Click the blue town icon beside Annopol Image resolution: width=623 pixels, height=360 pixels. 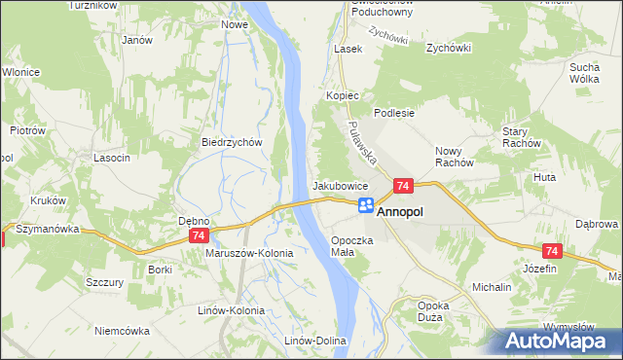[x=365, y=205]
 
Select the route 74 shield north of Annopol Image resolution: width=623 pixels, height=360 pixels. [x=403, y=185]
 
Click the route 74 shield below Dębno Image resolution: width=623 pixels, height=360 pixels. [x=199, y=235]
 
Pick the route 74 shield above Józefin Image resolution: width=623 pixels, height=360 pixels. [x=551, y=252]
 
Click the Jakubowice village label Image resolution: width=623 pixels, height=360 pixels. [x=339, y=185]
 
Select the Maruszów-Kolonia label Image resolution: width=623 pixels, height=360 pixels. [x=249, y=252]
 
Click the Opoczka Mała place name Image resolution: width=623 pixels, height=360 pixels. [x=351, y=245]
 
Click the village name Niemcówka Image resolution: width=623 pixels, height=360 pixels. [x=122, y=330]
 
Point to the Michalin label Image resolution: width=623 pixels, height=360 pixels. [x=492, y=288]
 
